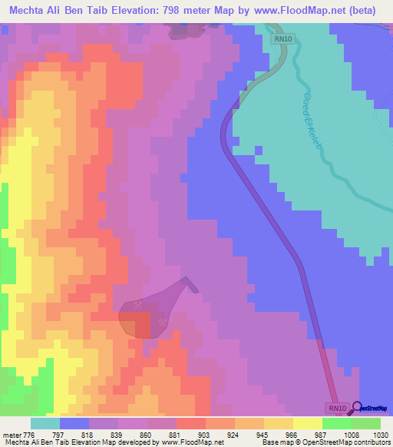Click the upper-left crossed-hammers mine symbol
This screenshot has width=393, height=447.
pos(138,305)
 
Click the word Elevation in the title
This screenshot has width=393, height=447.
pos(148,10)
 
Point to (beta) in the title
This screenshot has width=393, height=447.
pos(369,10)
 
